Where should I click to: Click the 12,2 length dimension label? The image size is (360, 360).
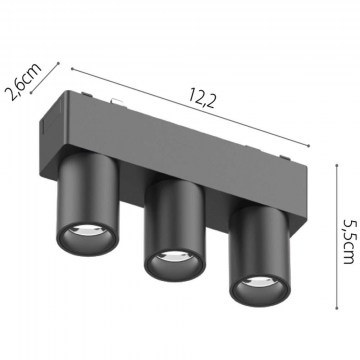point(202,98)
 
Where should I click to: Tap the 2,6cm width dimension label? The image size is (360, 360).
point(24,81)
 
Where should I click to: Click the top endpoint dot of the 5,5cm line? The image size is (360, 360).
point(337,165)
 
